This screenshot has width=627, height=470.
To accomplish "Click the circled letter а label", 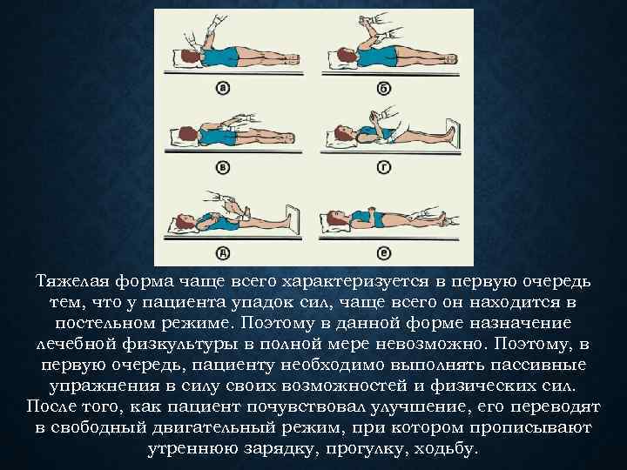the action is tap(223, 88).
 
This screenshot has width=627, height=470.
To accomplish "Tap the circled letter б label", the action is tap(383, 88).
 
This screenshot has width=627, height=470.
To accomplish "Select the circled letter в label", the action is tap(223, 168).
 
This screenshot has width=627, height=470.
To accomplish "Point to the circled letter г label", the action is tap(383, 168).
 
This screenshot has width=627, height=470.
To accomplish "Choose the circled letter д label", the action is tap(223, 252).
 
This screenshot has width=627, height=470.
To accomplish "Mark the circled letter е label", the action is tap(384, 252).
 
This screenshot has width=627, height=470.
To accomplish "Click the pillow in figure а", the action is tap(182, 58).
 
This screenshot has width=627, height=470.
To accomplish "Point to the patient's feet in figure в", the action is tap(289, 138).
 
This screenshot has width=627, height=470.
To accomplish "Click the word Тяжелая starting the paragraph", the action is tap(72, 282).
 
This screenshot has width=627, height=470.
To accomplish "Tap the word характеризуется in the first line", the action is tap(356, 282).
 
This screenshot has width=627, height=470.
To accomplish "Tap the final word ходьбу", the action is tap(446, 448).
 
